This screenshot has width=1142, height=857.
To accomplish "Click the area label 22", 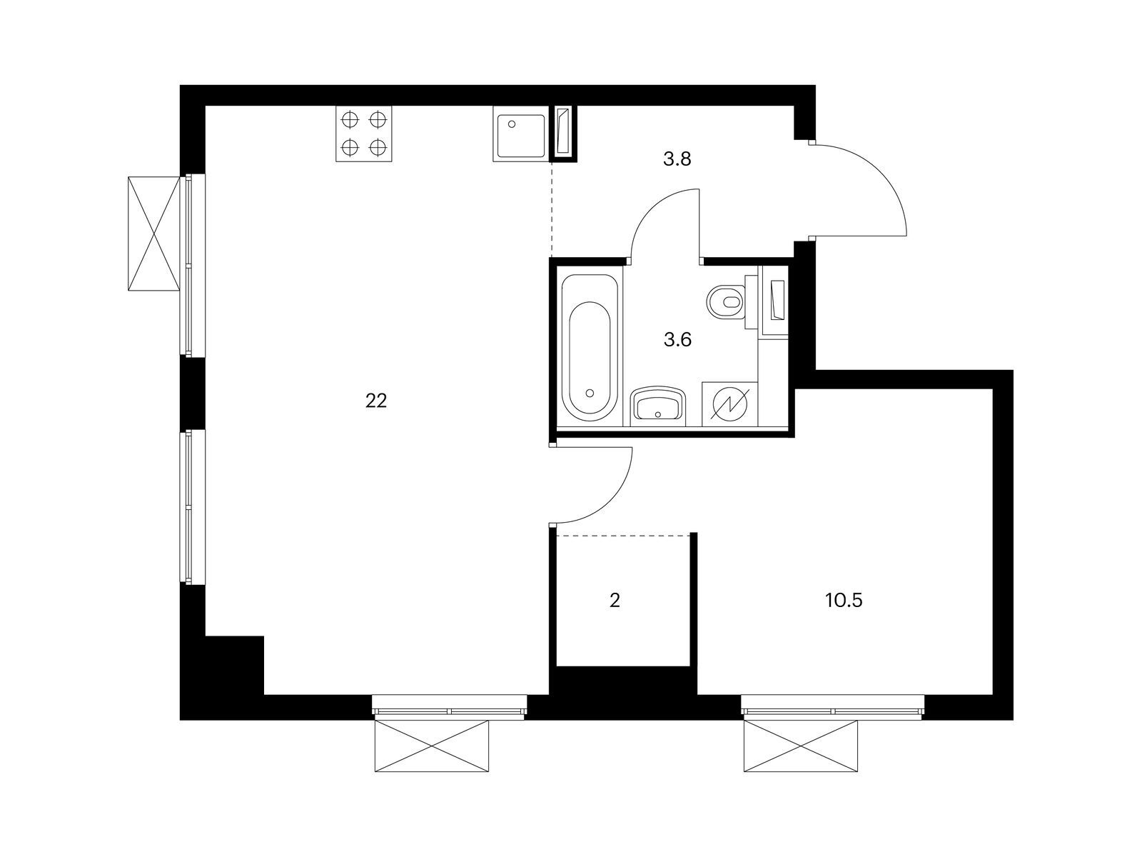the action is tap(375, 401).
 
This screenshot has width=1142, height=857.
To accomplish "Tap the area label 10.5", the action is tap(844, 601).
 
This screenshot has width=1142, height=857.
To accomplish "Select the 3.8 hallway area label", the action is tap(677, 159).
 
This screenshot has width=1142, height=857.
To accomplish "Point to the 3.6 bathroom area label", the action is tap(677, 340).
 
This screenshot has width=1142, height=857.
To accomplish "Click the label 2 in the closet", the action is tap(615, 601).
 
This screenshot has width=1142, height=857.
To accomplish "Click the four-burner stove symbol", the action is tap(364, 134).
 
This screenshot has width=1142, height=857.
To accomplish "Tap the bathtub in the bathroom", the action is tap(590, 347).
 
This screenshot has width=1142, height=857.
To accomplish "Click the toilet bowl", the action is tap(726, 301).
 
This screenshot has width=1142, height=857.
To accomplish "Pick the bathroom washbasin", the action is tap(657, 406).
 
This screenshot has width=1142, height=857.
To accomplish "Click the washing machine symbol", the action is tap(730, 406).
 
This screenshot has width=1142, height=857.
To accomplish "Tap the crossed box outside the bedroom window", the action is tap(800, 746).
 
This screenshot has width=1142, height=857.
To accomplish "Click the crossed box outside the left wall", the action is tap(154, 234).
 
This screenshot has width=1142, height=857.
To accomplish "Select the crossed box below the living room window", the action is tap(432, 746).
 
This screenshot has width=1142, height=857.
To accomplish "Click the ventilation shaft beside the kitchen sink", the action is tap(563, 134).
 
